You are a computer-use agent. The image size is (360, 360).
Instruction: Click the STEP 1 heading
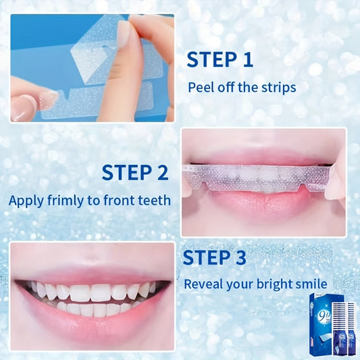pos(220,59)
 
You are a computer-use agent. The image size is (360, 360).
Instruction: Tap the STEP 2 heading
pos(135,172)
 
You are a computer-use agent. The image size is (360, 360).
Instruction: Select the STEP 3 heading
pos(214,257)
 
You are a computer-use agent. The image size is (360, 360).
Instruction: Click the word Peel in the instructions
pos(201,87)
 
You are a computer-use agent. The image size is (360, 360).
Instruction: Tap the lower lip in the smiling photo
pos(92,319)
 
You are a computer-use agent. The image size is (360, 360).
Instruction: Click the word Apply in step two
pos(26,201)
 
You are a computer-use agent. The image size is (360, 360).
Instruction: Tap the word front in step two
pos(118,200)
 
